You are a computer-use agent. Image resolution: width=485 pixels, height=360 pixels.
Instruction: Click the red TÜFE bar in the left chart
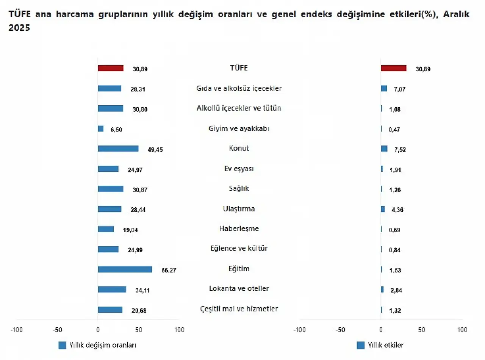click(111, 68)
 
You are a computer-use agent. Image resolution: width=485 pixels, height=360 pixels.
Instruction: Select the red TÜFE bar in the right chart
click(393, 68)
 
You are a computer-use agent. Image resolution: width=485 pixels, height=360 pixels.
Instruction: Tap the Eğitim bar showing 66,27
click(125, 269)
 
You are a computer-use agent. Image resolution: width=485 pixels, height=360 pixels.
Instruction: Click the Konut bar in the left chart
click(118, 149)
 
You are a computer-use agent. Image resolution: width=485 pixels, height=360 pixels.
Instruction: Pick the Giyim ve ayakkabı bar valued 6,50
click(101, 129)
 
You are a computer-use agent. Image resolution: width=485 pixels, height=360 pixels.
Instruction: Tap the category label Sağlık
click(239, 188)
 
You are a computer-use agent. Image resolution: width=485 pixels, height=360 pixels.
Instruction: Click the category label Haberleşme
click(239, 229)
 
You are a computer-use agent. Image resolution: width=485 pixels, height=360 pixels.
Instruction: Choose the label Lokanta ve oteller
click(239, 288)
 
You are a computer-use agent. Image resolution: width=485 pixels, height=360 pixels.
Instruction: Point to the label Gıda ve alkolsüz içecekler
click(239, 88)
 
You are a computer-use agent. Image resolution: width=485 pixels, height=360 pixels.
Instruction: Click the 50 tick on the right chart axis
click(422, 330)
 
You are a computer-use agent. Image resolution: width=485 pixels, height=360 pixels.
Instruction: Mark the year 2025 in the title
click(19, 28)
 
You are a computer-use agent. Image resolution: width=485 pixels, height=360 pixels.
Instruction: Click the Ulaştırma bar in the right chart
click(383, 209)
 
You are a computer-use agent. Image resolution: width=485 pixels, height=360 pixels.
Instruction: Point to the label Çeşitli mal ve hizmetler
click(239, 309)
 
